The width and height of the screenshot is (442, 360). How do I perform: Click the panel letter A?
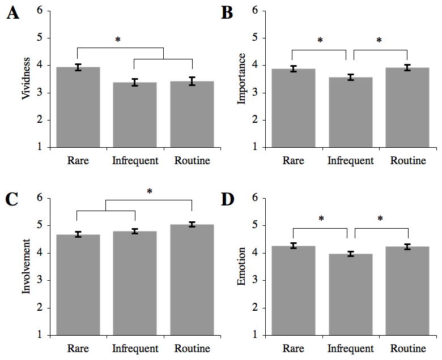pyautogui.click(x=12, y=14)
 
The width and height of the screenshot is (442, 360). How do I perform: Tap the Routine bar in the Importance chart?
pyautogui.click(x=407, y=108)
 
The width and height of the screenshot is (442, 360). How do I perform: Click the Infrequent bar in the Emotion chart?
pyautogui.click(x=351, y=294)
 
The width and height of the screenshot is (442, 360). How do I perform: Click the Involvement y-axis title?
pyautogui.click(x=26, y=266)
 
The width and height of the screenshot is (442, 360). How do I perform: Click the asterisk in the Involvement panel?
pyautogui.click(x=150, y=192)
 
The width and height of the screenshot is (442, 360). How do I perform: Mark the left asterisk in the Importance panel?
pyautogui.click(x=320, y=41)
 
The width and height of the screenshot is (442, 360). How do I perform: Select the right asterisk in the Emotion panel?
pyautogui.click(x=380, y=219)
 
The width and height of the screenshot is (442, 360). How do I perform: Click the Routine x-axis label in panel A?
pyautogui.click(x=192, y=161)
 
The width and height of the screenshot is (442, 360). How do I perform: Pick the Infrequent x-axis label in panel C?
pyautogui.click(x=135, y=348)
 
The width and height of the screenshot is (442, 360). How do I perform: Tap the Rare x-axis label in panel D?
pyautogui.click(x=294, y=348)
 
